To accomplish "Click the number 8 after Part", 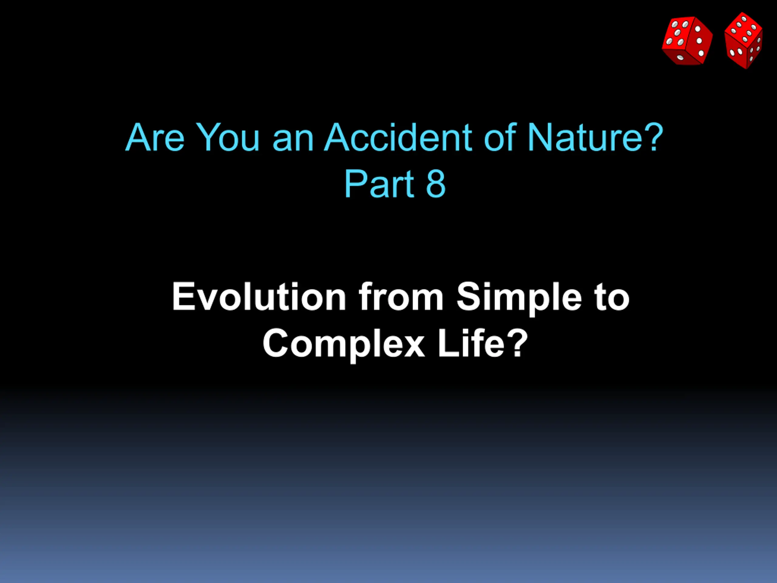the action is tap(436, 183).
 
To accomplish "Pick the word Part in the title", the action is tap(379, 183).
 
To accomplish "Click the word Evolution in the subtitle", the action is tap(259, 297).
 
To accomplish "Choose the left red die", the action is tap(687, 41).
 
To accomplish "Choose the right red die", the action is tap(744, 40).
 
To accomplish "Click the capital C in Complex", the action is tap(277, 343).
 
